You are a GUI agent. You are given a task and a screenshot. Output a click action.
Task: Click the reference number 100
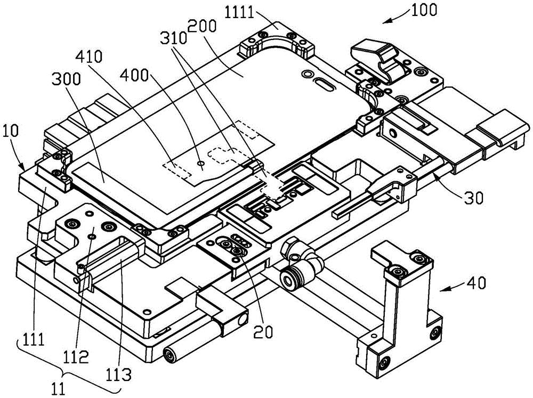pos(424,10)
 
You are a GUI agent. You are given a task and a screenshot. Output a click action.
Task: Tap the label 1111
pos(240,13)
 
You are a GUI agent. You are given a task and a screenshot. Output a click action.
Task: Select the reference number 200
pos(202,26)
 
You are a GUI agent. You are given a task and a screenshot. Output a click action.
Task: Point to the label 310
pos(174,38)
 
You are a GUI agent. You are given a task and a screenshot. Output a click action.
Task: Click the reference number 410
pos(88,56)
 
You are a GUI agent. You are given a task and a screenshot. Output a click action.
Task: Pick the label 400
pos(135,75)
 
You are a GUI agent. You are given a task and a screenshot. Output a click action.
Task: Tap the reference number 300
pos(66,79)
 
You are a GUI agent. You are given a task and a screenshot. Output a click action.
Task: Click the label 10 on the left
pos(11,131)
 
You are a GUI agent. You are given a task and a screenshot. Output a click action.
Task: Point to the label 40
pos(476,283)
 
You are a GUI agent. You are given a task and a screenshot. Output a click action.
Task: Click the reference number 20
pos(263,331)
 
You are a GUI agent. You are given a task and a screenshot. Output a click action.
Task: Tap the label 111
pos(34,339)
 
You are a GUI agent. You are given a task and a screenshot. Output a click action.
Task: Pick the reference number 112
pos(76,356)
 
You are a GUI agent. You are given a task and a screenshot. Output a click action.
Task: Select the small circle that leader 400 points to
pos(201,164)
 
